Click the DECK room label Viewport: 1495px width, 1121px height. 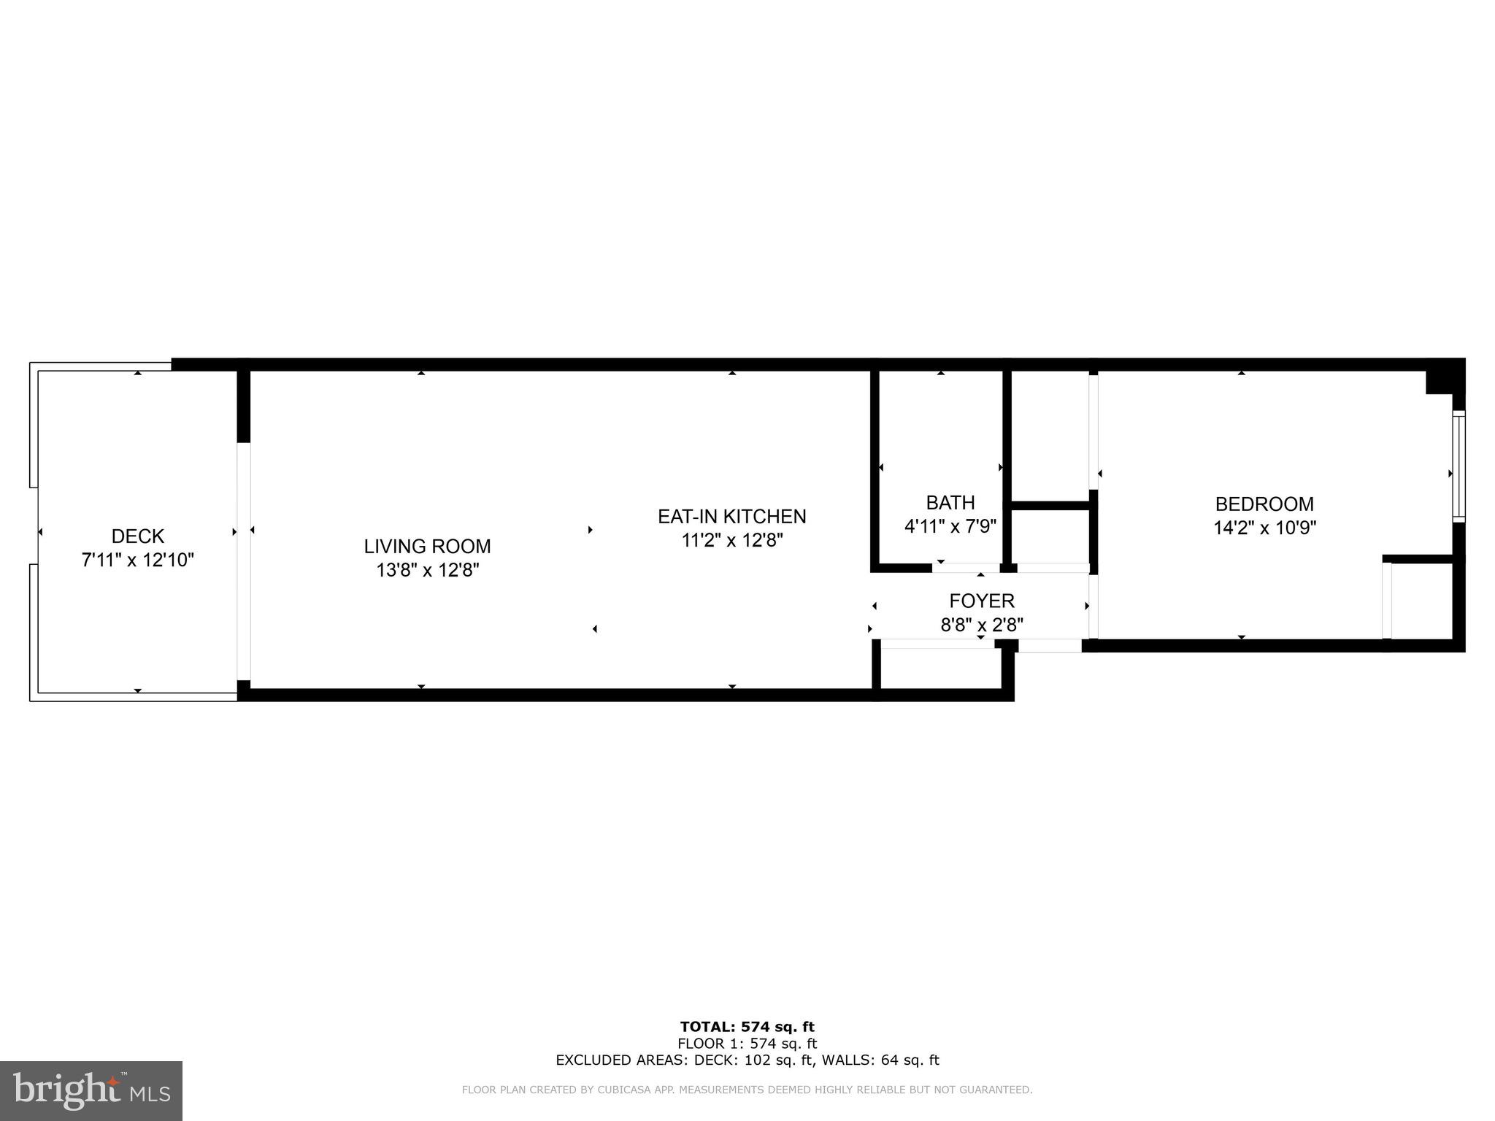[137, 536]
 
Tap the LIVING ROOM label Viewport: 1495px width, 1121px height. [427, 546]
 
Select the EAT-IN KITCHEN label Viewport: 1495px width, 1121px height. [731, 517]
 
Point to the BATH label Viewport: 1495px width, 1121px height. [950, 503]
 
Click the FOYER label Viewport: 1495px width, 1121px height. [981, 601]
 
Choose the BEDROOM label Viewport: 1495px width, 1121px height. [1264, 504]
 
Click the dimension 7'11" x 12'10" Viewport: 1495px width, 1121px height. [137, 560]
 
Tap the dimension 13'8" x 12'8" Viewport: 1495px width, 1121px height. [427, 570]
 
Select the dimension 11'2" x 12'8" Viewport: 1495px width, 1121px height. [731, 541]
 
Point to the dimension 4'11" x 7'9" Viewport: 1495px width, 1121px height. [950, 526]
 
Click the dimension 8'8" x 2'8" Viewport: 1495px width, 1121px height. [981, 625]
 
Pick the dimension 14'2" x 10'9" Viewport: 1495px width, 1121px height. [1264, 528]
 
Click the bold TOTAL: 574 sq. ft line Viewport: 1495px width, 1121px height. [747, 1028]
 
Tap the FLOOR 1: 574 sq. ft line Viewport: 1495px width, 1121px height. [747, 1044]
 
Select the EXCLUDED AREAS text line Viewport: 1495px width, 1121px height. [747, 1060]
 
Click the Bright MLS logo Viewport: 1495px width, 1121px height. [91, 1090]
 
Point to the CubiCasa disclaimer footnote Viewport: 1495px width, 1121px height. [747, 1090]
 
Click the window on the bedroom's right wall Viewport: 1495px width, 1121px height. [1458, 466]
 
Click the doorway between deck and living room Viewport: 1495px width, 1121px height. [244, 561]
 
